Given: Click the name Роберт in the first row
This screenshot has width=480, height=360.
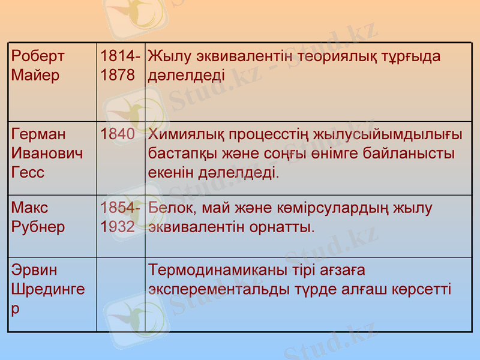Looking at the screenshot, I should [37, 56].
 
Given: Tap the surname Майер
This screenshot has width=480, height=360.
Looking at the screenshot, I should [35, 76].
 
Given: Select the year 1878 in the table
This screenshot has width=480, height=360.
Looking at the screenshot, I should [118, 76].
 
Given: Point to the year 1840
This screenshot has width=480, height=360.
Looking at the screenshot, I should [118, 134].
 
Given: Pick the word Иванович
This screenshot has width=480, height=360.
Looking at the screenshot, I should [47, 154].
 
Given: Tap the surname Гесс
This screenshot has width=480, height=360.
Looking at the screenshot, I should [28, 173].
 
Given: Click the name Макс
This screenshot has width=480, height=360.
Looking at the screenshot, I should [29, 208].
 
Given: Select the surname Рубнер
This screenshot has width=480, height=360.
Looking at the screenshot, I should [38, 227].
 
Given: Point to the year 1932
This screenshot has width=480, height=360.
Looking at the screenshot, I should [118, 227].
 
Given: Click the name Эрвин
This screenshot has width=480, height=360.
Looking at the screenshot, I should [34, 269].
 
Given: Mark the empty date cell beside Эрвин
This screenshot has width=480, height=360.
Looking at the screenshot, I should [121, 294].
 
